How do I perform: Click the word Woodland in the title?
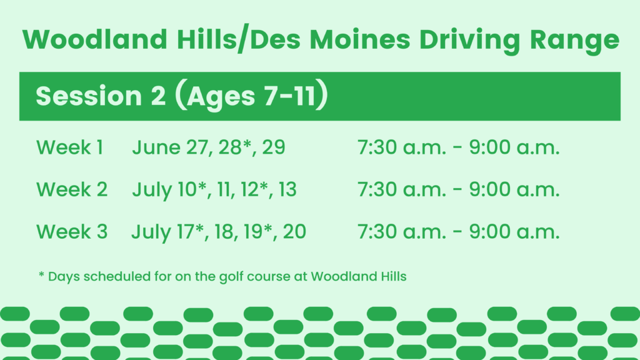95,39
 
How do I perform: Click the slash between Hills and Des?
243,38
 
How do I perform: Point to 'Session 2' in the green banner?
101,96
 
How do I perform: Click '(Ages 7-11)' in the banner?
251,95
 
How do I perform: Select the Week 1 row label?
69,147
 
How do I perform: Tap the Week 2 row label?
72,189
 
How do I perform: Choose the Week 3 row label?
72,231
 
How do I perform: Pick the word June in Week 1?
156,147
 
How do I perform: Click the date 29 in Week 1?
274,147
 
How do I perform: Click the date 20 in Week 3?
294,231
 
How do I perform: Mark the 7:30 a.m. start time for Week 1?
402,147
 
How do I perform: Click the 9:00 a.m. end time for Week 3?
514,231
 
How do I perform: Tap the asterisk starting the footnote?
41,275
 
